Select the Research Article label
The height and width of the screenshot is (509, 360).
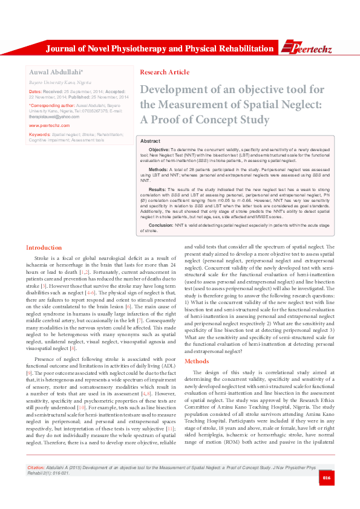click(165, 73)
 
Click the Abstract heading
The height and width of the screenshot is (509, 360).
click(150, 140)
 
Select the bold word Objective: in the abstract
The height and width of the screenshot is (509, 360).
click(159, 149)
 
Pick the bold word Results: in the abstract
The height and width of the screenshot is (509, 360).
click(157, 189)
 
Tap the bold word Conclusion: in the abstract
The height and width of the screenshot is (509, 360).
click(161, 224)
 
